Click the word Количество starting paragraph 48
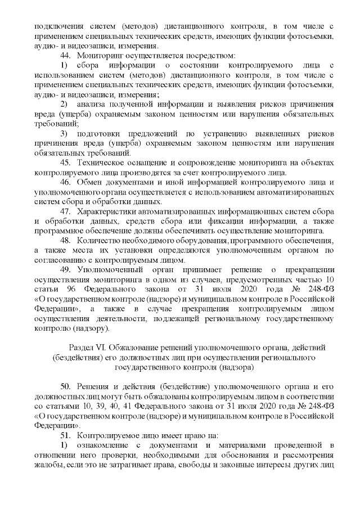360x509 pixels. (98, 241)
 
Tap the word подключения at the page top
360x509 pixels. (57, 26)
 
